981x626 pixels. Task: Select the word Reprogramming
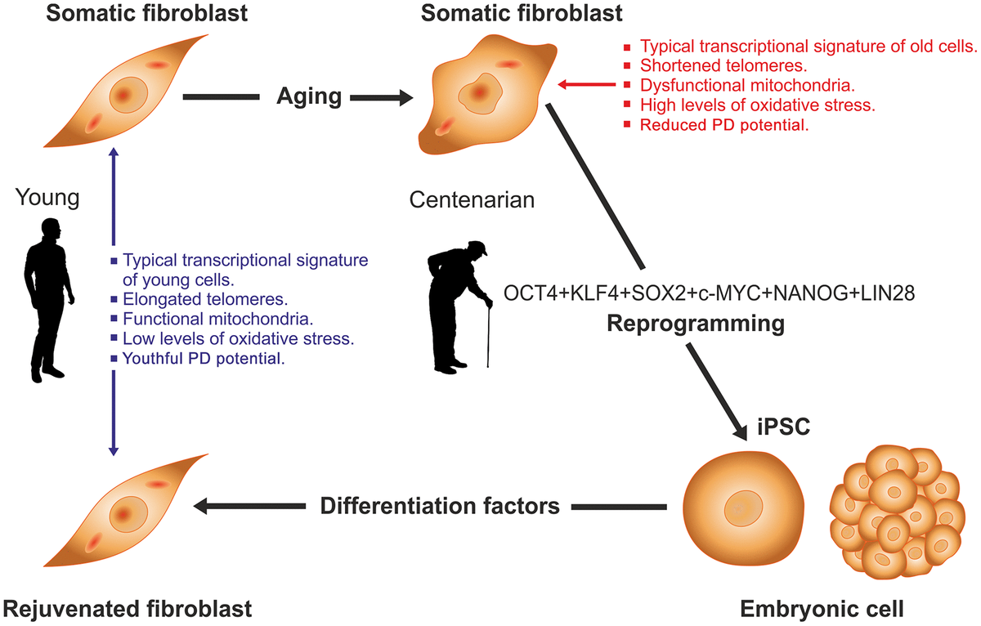[696, 323]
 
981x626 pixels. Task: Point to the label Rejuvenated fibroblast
[128, 608]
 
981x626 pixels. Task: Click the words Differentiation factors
[441, 506]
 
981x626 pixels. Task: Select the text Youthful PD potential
[204, 359]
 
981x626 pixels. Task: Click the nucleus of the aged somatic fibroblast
[481, 92]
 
